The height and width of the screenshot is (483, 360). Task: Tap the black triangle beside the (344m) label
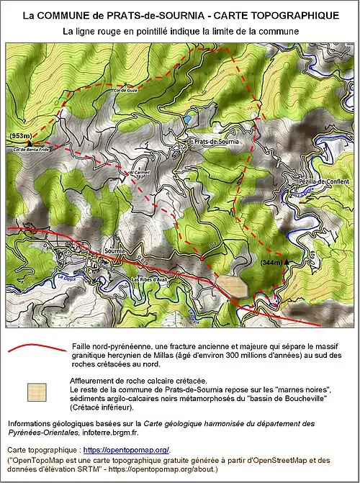coord(287,262)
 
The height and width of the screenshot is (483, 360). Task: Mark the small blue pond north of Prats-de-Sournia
coord(187,117)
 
